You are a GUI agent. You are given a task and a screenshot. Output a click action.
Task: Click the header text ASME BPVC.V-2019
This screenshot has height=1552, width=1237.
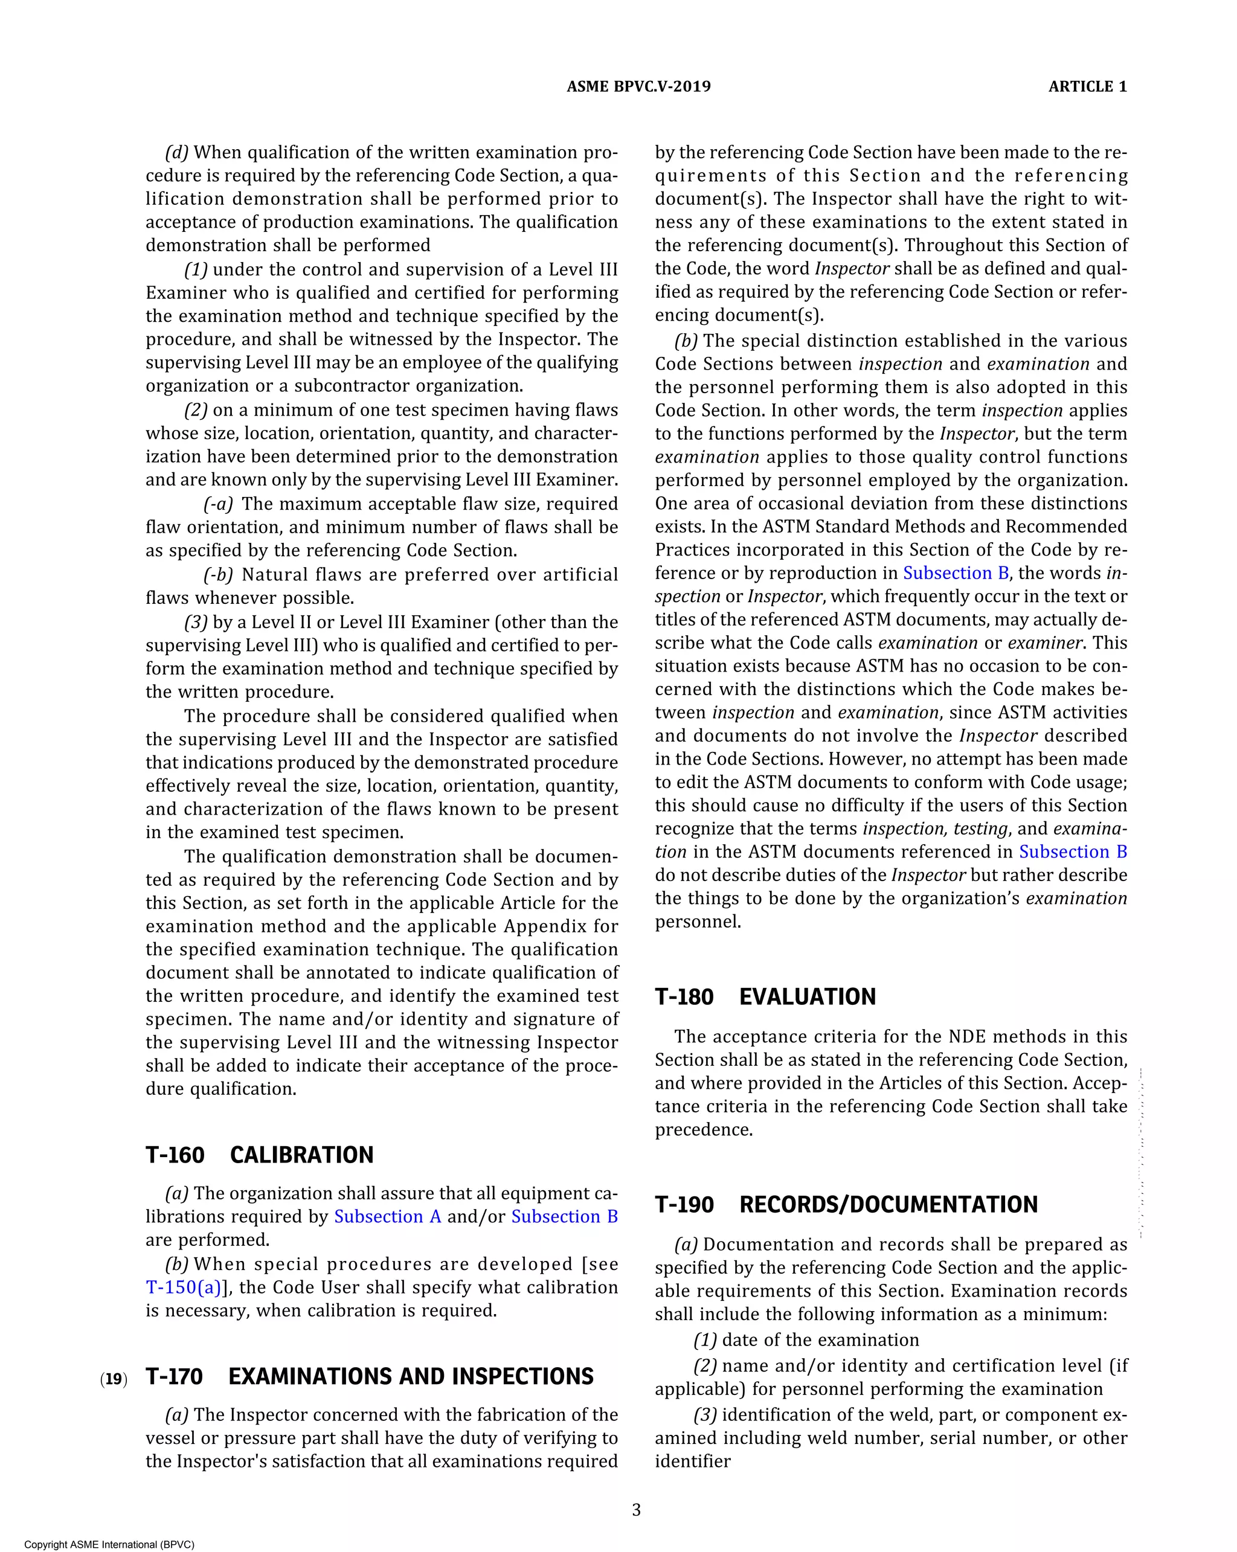click(638, 86)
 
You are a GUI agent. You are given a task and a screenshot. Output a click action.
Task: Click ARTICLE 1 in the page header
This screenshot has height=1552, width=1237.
click(1087, 86)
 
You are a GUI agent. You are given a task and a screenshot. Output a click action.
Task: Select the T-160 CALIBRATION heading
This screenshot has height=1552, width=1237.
click(259, 1155)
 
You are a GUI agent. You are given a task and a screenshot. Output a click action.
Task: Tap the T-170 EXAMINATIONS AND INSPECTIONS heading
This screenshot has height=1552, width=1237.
click(370, 1376)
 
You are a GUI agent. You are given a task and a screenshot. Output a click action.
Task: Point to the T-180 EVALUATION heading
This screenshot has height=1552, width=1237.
click(765, 996)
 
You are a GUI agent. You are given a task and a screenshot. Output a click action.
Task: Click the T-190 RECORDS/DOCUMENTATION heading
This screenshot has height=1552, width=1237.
click(846, 1204)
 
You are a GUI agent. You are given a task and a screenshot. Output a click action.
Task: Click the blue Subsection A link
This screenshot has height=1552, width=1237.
click(387, 1217)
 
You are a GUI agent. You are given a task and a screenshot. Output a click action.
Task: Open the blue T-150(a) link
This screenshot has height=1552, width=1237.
click(184, 1287)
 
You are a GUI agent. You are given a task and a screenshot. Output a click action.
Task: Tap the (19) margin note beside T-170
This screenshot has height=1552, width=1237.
click(114, 1379)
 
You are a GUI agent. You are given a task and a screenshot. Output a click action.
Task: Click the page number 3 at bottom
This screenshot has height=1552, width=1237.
click(636, 1510)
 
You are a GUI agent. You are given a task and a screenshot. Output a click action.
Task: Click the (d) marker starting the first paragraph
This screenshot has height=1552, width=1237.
click(176, 153)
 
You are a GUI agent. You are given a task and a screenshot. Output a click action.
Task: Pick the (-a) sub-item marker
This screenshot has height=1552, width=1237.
click(218, 504)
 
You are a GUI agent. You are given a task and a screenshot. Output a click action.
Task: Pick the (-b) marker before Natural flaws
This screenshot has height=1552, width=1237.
click(218, 574)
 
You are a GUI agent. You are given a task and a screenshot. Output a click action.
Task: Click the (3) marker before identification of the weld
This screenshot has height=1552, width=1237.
click(705, 1414)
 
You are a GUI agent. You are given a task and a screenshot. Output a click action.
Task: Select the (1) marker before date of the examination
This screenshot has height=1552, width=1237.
click(705, 1339)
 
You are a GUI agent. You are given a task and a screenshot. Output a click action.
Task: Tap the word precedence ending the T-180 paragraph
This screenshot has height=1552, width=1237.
click(704, 1129)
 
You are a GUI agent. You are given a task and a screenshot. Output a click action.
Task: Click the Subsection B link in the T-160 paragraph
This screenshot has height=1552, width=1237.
click(565, 1217)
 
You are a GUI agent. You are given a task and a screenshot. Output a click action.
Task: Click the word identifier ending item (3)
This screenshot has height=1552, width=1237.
click(692, 1461)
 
